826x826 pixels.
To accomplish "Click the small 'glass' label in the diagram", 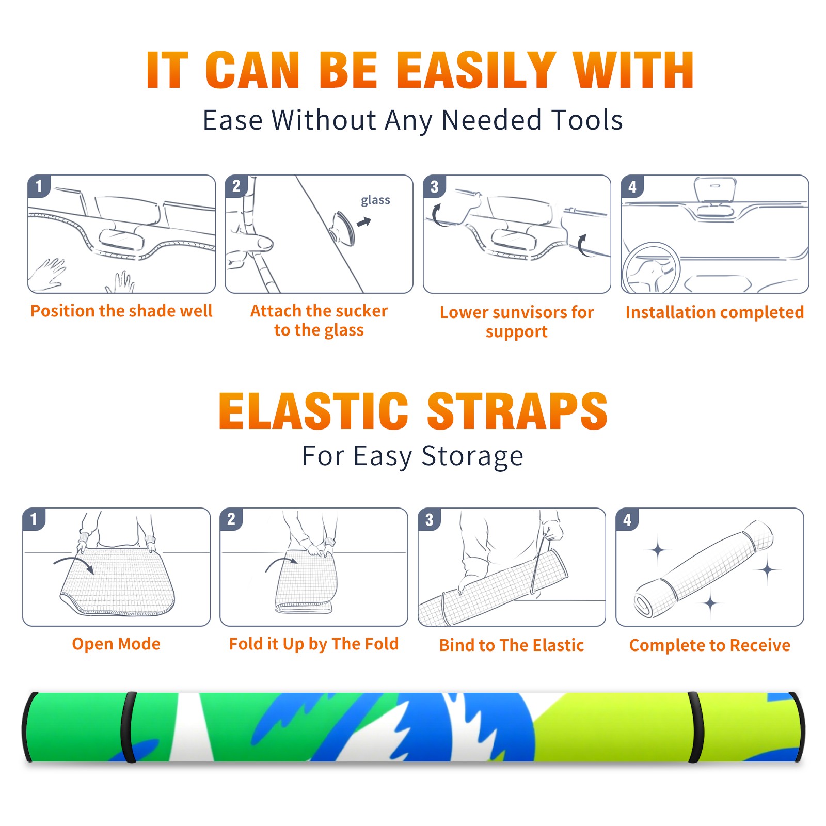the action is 375,200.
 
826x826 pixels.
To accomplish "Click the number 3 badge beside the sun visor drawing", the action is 434,186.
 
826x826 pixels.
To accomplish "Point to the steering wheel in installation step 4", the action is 652,268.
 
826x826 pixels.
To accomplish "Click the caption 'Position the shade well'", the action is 121,311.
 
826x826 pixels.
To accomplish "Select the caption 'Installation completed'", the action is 714,312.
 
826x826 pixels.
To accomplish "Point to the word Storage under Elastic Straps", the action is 472,456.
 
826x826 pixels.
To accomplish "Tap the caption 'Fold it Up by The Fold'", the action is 314,644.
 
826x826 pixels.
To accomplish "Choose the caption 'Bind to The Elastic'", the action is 512,645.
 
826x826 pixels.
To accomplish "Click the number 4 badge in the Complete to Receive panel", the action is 627,520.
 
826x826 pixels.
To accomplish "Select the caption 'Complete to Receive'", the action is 710,645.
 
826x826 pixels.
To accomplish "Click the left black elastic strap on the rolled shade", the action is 129,727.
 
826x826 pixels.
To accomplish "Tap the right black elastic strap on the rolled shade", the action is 696,727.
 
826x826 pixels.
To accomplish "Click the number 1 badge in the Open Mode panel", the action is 34,519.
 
